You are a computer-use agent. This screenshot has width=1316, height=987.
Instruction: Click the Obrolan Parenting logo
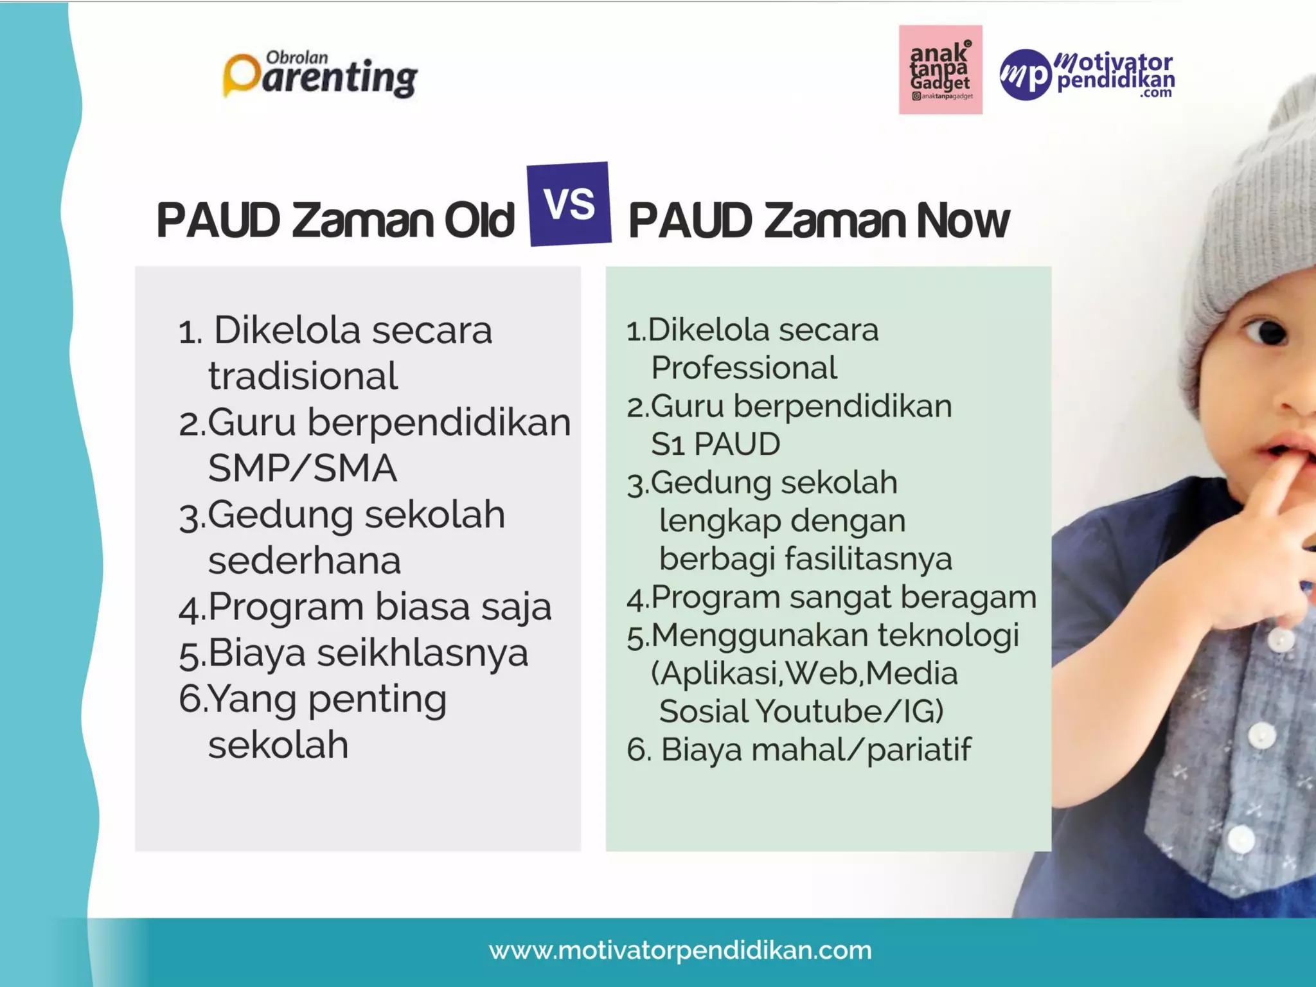point(320,76)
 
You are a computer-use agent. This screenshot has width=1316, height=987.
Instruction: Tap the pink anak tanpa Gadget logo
point(940,69)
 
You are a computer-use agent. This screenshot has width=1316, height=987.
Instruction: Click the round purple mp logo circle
point(1026,75)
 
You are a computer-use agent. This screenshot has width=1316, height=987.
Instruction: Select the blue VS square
point(569,204)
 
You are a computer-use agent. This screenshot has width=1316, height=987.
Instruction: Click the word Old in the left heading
point(479,220)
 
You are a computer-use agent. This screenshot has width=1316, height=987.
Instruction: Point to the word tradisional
point(303,376)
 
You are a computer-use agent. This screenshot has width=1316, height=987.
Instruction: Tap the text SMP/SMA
point(302,468)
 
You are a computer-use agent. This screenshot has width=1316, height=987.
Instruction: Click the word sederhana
point(305,560)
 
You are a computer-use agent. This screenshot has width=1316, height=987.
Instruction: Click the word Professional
point(743,368)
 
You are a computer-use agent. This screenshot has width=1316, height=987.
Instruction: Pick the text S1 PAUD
point(715,444)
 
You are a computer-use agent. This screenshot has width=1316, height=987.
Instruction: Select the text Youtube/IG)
point(849,711)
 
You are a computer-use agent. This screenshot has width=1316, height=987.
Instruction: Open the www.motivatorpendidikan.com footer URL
point(680,950)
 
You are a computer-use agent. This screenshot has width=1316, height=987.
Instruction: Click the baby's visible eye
point(1268,332)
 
